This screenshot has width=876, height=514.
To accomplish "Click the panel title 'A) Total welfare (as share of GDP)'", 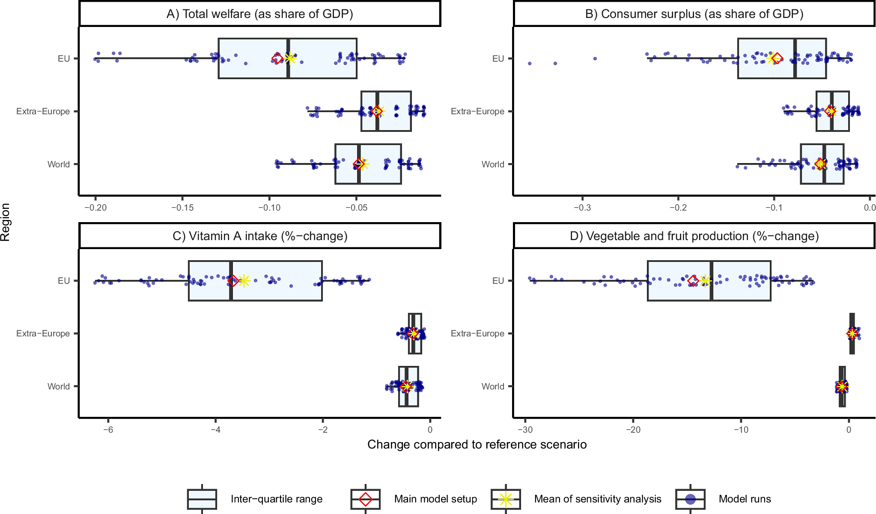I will click(259, 14).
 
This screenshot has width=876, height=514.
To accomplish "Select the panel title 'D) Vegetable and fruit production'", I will click(694, 236).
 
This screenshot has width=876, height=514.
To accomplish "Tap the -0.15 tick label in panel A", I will click(182, 208).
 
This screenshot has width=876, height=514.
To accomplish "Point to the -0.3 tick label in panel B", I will click(582, 208).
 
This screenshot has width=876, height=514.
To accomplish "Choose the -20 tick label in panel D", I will click(633, 430).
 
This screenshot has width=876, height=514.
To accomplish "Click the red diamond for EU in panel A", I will click(278, 58).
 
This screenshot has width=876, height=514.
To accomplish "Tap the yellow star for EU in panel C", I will click(244, 281).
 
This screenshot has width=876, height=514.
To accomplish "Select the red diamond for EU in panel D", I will click(693, 281).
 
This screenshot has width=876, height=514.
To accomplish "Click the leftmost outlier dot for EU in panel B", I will click(530, 63).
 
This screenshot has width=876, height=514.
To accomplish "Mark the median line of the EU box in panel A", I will click(288, 58).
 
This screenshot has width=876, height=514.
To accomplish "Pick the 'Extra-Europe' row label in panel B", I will click(477, 111).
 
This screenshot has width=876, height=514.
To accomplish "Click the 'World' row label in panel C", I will click(59, 386).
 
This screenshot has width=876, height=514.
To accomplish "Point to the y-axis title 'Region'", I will click(6, 222).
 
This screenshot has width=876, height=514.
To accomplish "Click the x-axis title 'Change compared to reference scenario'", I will click(477, 445).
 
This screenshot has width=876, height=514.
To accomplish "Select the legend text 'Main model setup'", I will click(435, 499).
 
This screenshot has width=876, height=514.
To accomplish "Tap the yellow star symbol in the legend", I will click(506, 499).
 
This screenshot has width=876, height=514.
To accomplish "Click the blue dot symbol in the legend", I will click(690, 499).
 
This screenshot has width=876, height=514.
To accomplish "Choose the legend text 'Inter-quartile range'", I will click(276, 499).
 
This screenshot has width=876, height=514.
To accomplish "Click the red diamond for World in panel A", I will click(359, 164).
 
